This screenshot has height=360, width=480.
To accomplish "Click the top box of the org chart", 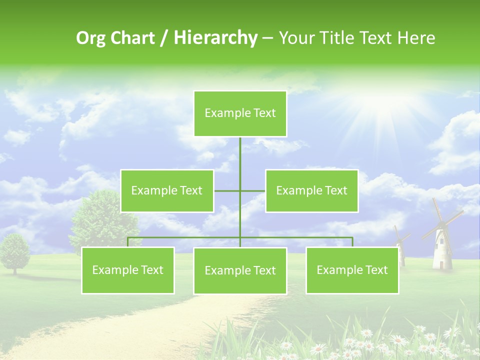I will pos(240,113).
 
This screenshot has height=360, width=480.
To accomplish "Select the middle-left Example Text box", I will pos(167,191).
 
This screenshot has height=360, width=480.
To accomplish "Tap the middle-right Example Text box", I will pos(311,191).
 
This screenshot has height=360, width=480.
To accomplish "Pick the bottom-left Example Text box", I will pos(128,270).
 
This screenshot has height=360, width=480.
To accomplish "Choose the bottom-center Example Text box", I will pos(240,271).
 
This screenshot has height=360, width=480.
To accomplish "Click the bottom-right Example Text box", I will pos(352,270).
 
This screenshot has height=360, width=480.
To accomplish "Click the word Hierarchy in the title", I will pos(215,38).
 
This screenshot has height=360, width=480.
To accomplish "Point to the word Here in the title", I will pos(416,38).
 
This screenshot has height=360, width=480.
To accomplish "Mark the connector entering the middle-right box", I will pos(253,191).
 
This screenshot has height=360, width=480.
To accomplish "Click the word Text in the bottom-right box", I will pos(376,270).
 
